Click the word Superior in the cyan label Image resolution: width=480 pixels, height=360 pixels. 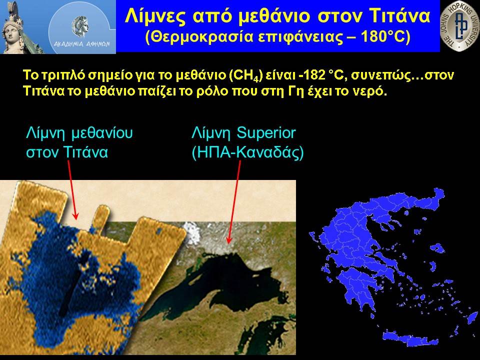[266, 133]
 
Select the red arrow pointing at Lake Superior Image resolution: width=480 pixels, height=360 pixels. [234, 202]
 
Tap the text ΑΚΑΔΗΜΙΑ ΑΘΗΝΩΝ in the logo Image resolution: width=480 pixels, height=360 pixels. [81, 44]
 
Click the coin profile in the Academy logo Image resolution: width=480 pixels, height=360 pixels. [80, 26]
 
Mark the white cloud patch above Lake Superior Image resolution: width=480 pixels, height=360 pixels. [192, 233]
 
